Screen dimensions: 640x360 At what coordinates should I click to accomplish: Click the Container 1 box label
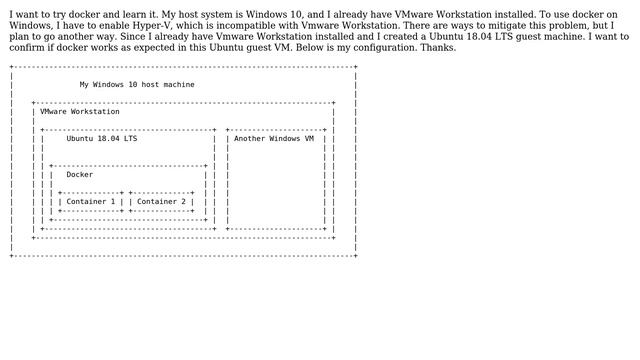click(x=91, y=202)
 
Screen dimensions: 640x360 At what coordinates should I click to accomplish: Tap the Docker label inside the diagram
click(x=79, y=175)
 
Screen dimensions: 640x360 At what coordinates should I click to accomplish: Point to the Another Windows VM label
click(x=273, y=139)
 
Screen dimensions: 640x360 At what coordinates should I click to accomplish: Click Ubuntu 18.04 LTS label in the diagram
click(x=102, y=139)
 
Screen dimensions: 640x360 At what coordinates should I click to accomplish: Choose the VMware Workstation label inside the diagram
click(x=80, y=112)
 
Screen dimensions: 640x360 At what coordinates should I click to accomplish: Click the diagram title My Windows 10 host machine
click(x=137, y=85)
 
